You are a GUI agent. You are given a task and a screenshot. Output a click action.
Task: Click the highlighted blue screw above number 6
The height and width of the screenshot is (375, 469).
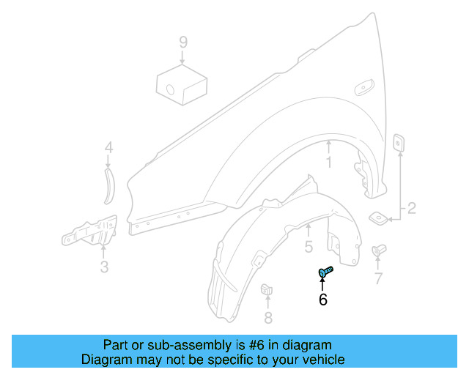tap(325, 272)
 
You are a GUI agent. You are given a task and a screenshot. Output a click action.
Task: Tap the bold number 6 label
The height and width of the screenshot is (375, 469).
tap(322, 299)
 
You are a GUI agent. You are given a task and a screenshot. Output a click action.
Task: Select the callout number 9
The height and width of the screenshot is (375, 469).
tap(182, 42)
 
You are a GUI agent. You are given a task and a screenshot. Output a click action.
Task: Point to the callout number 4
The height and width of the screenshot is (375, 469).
tap(108, 149)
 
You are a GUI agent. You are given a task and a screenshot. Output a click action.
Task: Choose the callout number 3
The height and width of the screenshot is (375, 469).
tap(104, 267)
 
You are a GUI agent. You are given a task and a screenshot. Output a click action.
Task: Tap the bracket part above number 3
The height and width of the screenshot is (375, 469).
tap(89, 232)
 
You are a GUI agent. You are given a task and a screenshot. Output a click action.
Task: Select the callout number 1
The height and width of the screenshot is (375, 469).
tap(329, 163)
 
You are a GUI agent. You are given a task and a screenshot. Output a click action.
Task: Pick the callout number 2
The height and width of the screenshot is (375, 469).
tap(411, 209)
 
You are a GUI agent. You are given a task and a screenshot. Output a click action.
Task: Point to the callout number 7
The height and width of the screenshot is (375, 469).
tap(378, 278)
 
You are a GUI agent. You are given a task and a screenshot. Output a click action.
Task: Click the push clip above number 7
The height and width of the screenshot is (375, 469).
tap(379, 251)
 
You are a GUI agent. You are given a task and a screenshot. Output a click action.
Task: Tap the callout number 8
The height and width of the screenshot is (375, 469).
tap(267, 317)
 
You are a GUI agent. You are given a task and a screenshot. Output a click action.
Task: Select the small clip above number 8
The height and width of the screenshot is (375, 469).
tap(267, 290)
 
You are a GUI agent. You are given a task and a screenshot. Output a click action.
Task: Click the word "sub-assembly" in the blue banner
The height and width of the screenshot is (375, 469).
tap(164, 345)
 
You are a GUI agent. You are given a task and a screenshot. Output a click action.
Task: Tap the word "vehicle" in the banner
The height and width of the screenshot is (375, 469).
tap(323, 360)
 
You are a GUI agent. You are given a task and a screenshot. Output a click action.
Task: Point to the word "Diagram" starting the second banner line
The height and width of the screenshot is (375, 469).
tap(106, 360)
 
